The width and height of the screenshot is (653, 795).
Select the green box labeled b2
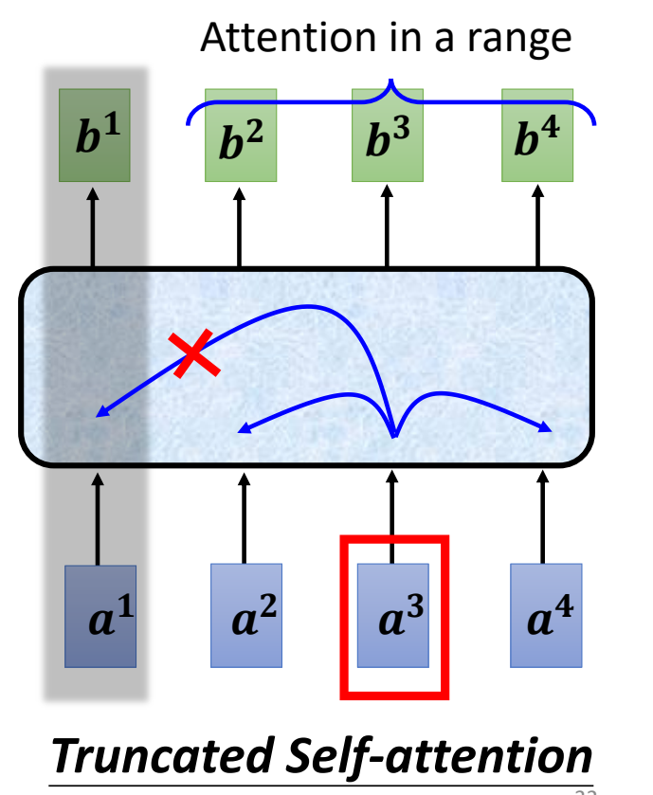[x=241, y=136]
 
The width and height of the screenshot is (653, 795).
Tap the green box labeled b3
[x=388, y=136]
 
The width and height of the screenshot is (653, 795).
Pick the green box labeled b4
[x=536, y=136]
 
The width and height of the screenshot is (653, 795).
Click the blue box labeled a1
[x=100, y=616]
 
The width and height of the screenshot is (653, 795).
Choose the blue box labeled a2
[x=245, y=616]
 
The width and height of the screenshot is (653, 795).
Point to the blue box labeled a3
[x=392, y=616]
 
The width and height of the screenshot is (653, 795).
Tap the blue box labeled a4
[x=543, y=616]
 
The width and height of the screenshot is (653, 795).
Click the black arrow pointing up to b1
[x=93, y=227]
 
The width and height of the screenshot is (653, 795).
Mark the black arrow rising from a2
[x=244, y=516]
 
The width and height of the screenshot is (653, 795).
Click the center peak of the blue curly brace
[x=388, y=88]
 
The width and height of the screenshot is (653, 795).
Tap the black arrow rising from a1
[x=98, y=516]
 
